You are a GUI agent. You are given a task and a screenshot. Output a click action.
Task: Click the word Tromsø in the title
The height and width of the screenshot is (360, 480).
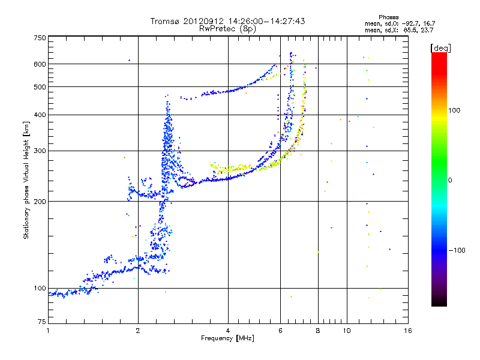(166, 21)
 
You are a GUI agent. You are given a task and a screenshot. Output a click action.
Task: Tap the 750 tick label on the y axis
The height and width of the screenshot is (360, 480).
(40, 38)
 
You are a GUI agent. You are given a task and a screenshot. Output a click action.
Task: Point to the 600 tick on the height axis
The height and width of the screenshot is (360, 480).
(40, 64)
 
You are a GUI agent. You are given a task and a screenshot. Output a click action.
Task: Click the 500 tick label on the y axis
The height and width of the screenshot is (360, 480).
(40, 87)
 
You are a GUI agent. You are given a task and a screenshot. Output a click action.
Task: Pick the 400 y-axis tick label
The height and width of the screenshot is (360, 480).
(40, 115)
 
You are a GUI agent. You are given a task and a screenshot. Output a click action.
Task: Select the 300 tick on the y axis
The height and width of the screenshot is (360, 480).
(40, 150)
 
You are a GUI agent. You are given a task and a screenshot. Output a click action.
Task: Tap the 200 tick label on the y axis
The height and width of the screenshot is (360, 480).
(40, 201)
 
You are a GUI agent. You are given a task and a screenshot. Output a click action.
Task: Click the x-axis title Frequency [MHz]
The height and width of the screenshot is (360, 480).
(227, 338)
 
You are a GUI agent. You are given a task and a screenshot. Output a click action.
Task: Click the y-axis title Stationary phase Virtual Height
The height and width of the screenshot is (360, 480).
(26, 180)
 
